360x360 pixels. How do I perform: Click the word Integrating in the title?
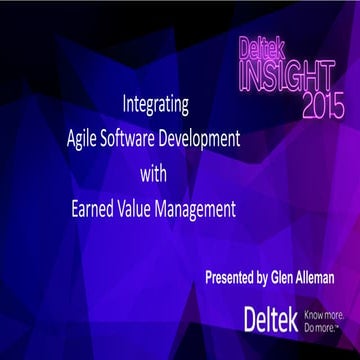[155, 103]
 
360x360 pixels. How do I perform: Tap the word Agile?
[105, 130]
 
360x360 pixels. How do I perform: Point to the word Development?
[220, 130]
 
